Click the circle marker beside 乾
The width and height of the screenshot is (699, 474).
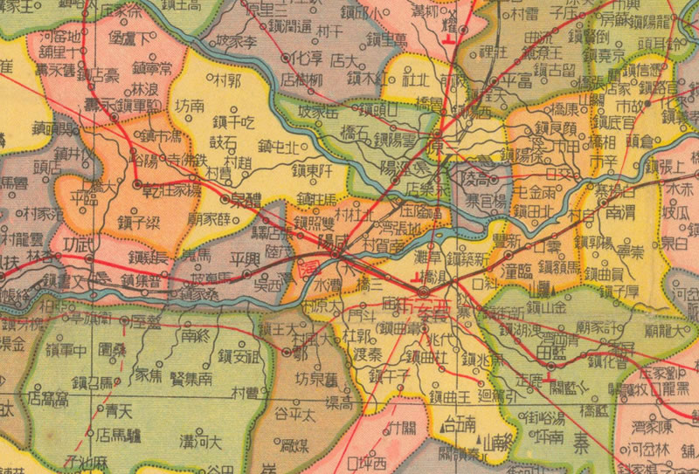(137, 185)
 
